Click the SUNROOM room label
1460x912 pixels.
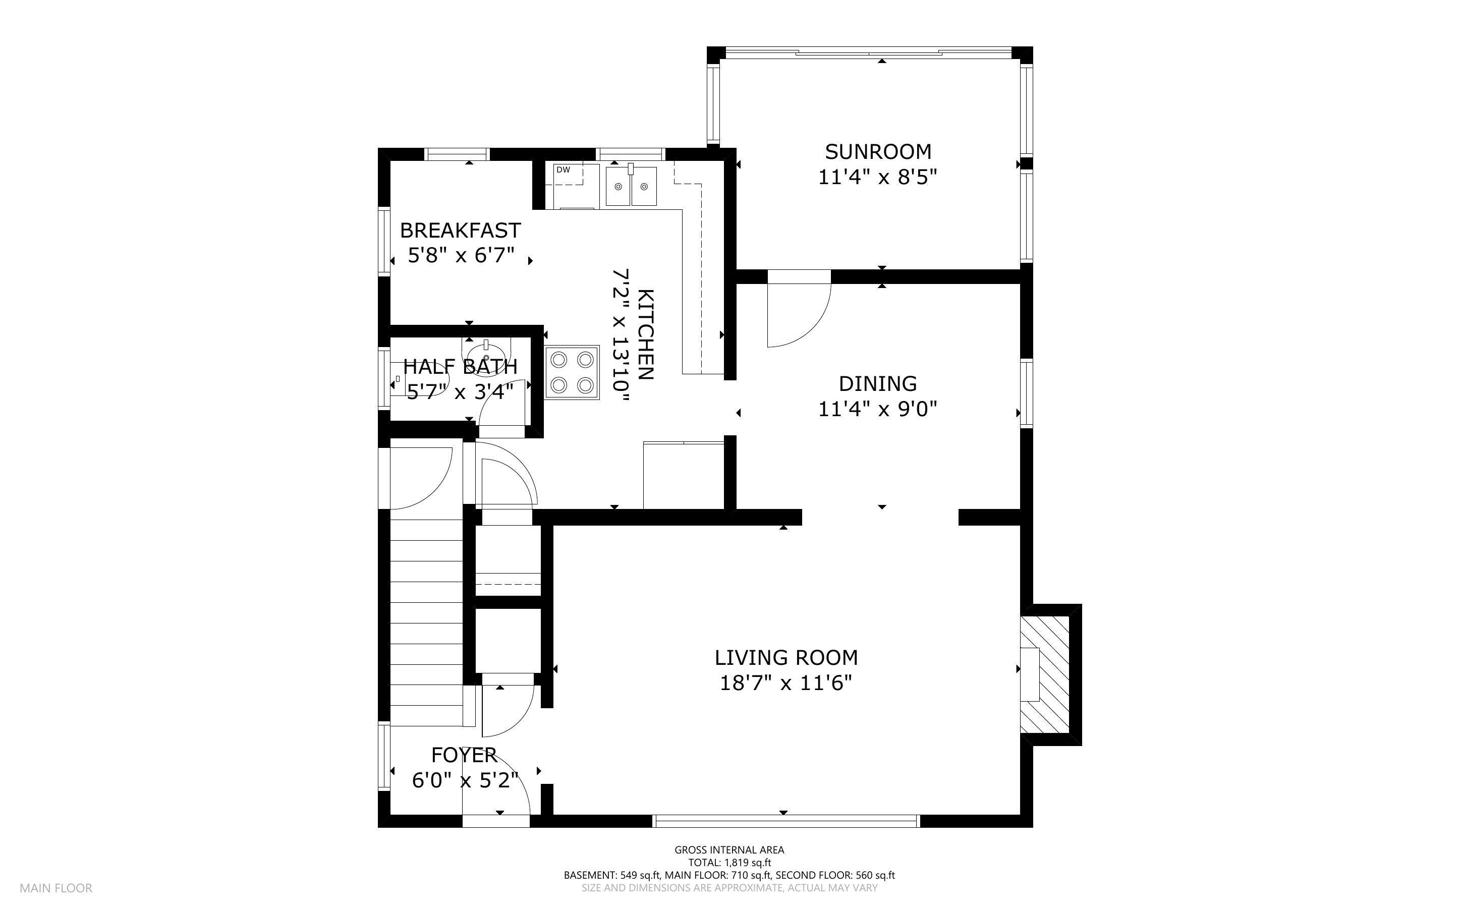(877, 151)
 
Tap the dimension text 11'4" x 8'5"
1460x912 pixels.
(877, 178)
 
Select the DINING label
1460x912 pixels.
(877, 384)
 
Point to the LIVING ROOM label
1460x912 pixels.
(786, 657)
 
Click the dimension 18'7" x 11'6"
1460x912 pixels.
(786, 683)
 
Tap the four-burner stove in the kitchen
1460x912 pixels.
(572, 372)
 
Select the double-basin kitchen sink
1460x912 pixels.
(631, 186)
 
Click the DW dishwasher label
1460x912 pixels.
(563, 170)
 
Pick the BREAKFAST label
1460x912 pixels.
(460, 231)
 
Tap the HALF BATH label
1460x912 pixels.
(460, 366)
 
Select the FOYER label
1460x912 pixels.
(464, 755)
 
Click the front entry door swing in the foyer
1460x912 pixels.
(497, 784)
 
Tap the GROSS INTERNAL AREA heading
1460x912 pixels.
(729, 850)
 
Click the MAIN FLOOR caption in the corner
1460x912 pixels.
(55, 888)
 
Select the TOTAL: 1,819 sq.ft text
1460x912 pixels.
(729, 863)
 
